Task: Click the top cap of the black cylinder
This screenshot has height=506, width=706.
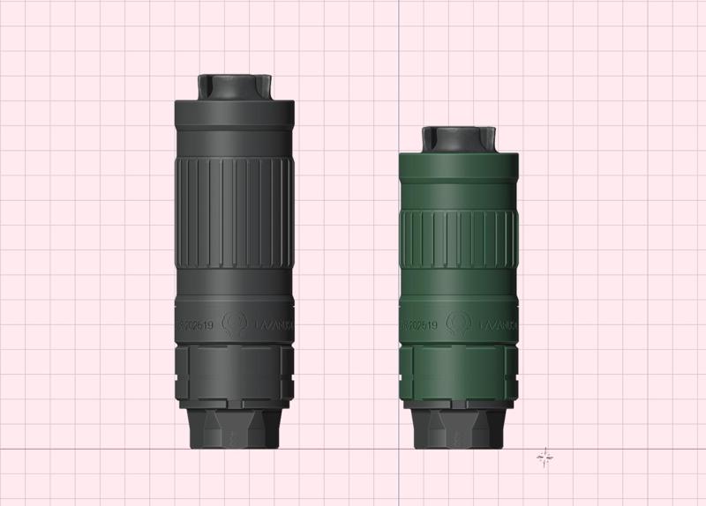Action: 234,86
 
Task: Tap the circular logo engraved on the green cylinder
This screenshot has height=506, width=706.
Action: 459,324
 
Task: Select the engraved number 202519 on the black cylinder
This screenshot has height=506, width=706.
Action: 198,325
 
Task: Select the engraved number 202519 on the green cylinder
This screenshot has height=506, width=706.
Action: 422,325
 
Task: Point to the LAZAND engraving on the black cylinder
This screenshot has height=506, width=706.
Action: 275,325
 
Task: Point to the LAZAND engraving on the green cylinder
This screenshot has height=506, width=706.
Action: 499,325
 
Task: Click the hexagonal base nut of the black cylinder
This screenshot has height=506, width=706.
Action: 234,431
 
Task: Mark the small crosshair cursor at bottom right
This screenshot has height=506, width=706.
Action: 545,456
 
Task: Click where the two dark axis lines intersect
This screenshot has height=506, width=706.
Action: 398,449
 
